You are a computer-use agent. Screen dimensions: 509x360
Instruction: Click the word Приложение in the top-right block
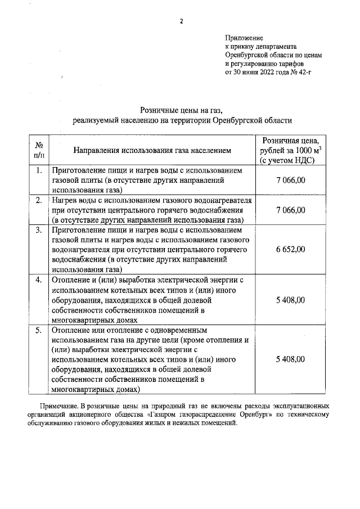tap(241, 38)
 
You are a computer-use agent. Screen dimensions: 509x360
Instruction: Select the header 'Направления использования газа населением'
tap(151, 150)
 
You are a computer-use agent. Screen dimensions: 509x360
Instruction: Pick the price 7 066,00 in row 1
tap(291, 180)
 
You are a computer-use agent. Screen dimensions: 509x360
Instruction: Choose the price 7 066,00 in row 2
tap(291, 210)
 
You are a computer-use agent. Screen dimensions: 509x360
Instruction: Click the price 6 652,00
tap(291, 249)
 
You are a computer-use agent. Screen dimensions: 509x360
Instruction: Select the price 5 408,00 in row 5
tap(291, 359)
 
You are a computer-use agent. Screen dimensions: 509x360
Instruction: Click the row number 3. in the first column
tap(38, 230)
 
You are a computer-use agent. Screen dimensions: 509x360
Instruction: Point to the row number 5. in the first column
tap(38, 330)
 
